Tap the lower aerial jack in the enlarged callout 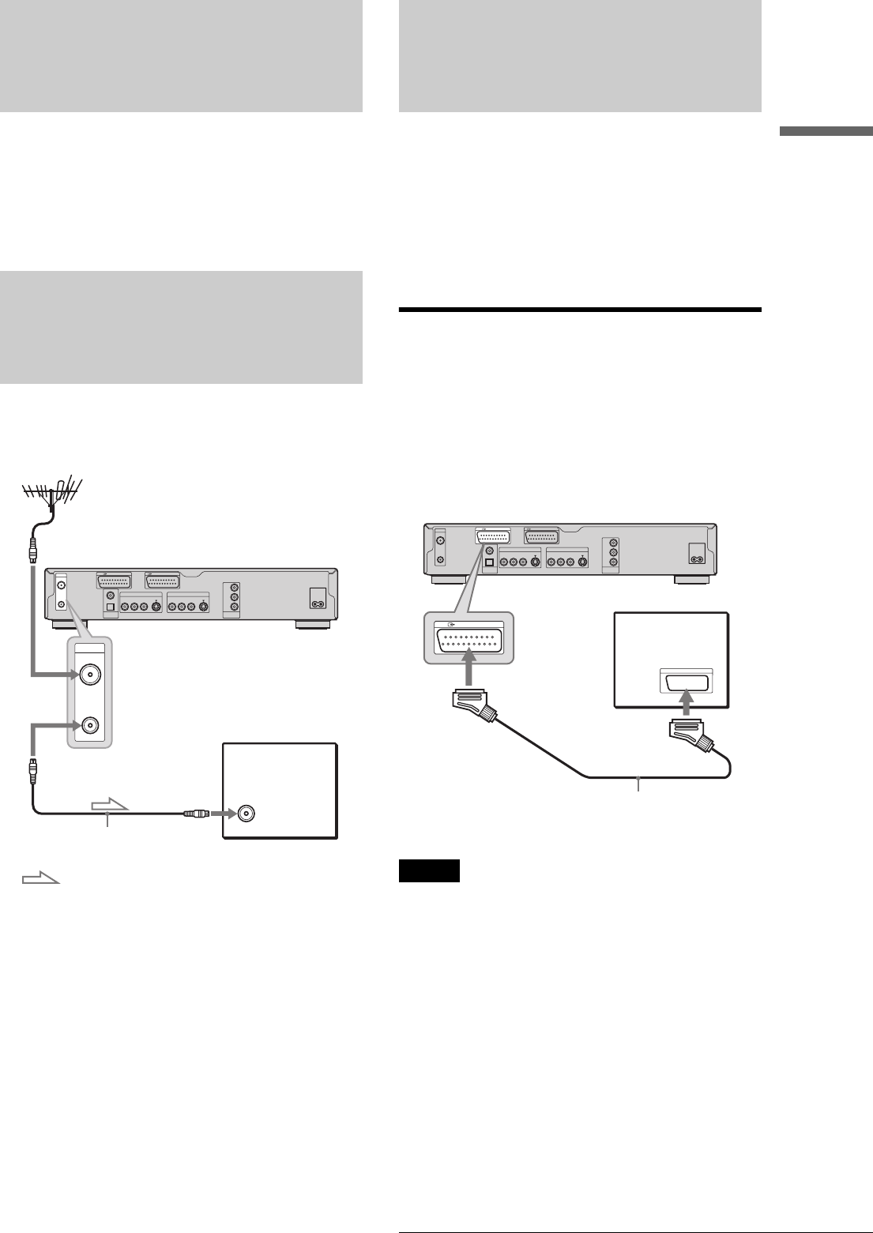pos(89,726)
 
